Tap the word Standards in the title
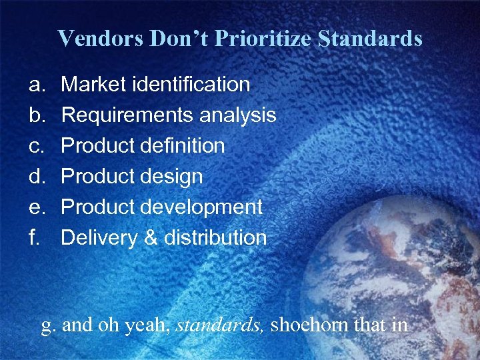pos(370,38)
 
